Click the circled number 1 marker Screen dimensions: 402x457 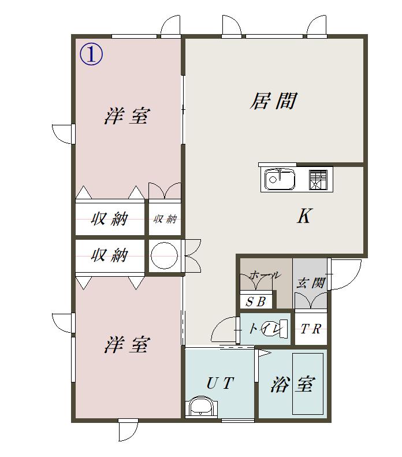[x=91, y=55]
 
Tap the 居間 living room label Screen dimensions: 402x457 [x=273, y=101]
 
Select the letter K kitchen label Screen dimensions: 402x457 [x=305, y=216]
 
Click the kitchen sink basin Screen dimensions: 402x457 [x=280, y=179]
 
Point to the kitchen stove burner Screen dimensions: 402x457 [x=318, y=180]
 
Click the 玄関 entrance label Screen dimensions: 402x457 [x=311, y=283]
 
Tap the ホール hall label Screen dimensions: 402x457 [x=265, y=275]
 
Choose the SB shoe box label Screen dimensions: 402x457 [x=256, y=302]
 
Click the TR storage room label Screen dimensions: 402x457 [x=311, y=329]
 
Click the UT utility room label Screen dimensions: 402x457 [x=220, y=383]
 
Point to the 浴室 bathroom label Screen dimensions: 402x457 [x=293, y=384]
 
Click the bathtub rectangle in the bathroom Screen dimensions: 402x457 [x=308, y=384]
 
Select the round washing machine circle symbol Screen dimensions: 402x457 [x=164, y=255]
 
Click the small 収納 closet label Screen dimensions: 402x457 [x=165, y=219]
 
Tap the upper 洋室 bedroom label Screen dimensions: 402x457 [x=127, y=116]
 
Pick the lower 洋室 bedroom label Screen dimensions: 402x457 [x=127, y=344]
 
